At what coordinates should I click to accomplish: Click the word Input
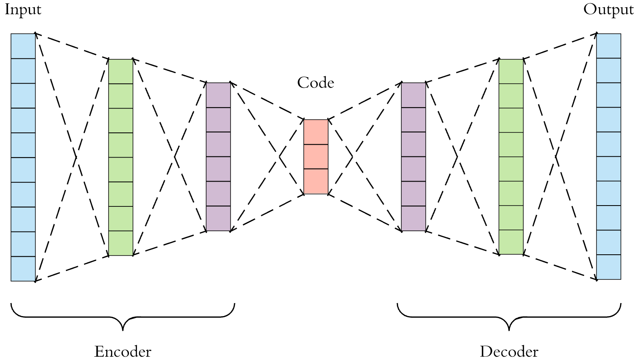click(23, 9)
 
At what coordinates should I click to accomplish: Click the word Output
click(608, 9)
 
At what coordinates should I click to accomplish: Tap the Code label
click(316, 83)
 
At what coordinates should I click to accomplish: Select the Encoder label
click(123, 351)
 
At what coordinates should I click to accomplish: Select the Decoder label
click(509, 351)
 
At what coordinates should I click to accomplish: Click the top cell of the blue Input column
click(23, 46)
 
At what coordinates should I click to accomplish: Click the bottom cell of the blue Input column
click(23, 269)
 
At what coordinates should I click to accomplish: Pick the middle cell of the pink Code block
click(316, 156)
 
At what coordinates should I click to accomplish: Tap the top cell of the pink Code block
click(316, 132)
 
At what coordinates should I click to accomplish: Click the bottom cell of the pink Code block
click(316, 181)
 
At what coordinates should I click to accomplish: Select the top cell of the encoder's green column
click(121, 71)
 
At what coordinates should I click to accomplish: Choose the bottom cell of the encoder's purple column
click(218, 219)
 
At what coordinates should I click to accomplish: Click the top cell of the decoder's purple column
click(414, 95)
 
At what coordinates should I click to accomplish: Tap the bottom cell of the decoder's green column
click(511, 242)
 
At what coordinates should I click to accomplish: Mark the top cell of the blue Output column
click(609, 46)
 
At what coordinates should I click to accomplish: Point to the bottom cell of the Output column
click(609, 267)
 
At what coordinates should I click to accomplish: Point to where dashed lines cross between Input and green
click(76, 157)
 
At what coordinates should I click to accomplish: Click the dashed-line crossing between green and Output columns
click(556, 156)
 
